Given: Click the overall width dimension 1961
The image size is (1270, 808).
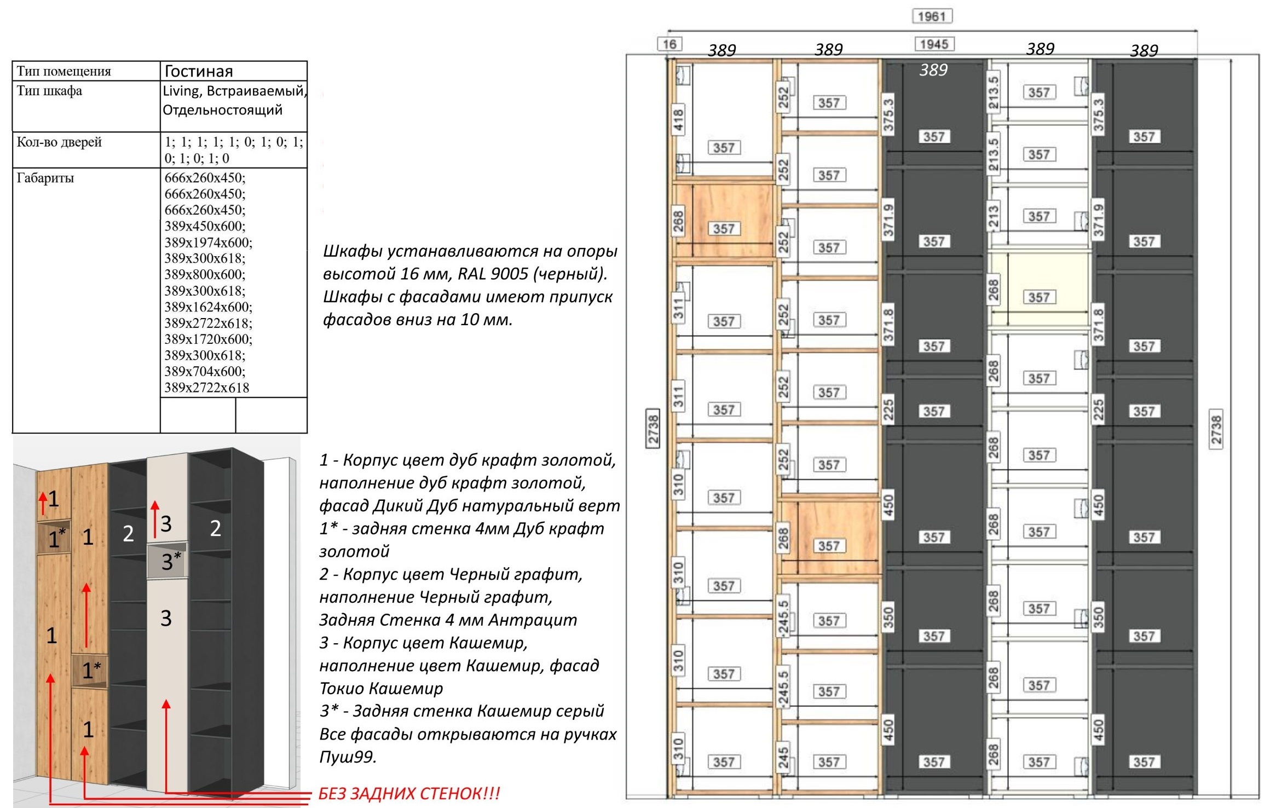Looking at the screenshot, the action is click(x=932, y=16).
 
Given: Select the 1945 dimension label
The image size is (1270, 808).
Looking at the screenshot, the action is click(x=934, y=44).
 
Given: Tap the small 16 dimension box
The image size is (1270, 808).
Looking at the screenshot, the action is click(x=669, y=44).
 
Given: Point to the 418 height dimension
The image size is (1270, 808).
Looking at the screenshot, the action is click(x=679, y=120).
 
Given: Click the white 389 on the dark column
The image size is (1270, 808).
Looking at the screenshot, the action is click(x=933, y=70).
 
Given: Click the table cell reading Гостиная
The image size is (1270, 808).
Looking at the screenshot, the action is click(x=199, y=71).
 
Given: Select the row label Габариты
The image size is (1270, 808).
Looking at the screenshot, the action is click(x=45, y=178).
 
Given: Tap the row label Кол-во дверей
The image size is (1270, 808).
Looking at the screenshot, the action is click(x=59, y=142).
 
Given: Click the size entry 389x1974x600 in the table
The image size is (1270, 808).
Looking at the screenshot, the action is click(x=208, y=243).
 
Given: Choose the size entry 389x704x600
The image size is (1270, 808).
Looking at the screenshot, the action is click(x=205, y=372).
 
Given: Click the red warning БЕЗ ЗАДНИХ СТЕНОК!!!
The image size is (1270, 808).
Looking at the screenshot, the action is click(x=409, y=794).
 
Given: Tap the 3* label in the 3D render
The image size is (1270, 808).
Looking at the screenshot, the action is click(x=170, y=562).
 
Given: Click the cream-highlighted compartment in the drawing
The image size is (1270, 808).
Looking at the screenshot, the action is click(x=1038, y=290).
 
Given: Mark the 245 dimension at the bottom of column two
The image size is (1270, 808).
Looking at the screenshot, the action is click(x=784, y=759).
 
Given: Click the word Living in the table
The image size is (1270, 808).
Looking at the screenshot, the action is click(x=180, y=91).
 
